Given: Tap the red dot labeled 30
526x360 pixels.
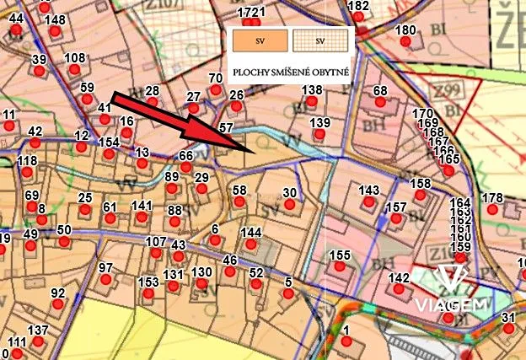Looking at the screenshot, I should (290, 205).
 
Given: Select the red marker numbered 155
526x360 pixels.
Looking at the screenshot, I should (340, 267).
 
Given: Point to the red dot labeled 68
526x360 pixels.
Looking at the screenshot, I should (380, 102).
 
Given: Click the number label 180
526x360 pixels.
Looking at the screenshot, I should (405, 30).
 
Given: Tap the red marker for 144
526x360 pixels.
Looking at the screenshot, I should (251, 244).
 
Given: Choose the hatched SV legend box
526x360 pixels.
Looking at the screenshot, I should (319, 40).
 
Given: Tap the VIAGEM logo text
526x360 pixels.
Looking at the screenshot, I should (453, 304).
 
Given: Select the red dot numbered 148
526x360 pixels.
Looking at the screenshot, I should (55, 32).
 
